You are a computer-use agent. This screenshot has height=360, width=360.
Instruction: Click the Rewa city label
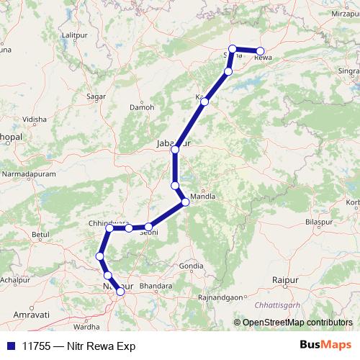[262, 58]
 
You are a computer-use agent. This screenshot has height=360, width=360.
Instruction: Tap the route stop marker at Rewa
[260, 51]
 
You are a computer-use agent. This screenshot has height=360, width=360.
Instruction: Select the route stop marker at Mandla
[185, 202]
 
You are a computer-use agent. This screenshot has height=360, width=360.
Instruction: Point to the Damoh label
[142, 108]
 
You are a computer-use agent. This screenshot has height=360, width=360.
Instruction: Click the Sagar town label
[96, 96]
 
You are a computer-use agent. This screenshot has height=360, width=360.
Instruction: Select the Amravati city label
[30, 315]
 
